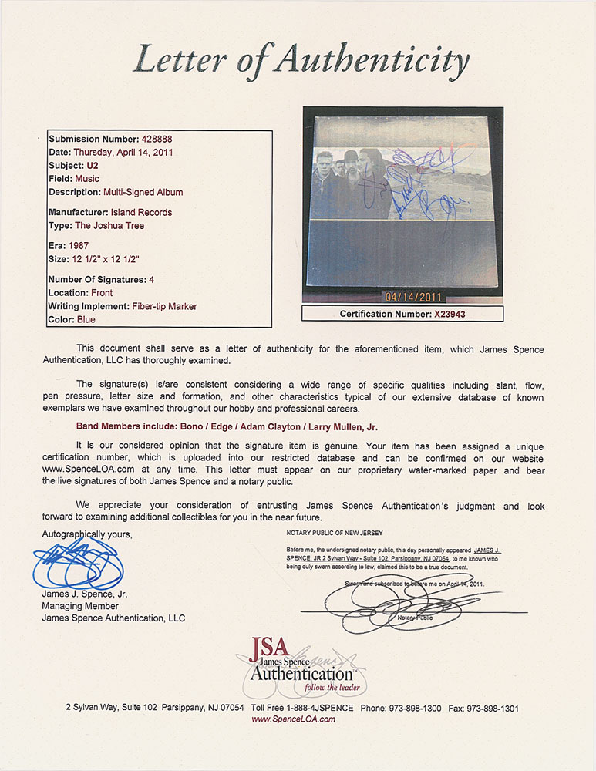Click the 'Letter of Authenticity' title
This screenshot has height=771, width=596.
[x=301, y=60]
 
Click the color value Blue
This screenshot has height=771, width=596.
[x=86, y=318]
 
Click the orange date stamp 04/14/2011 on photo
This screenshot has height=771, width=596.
[x=417, y=295]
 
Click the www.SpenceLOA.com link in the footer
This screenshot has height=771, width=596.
[x=293, y=719]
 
